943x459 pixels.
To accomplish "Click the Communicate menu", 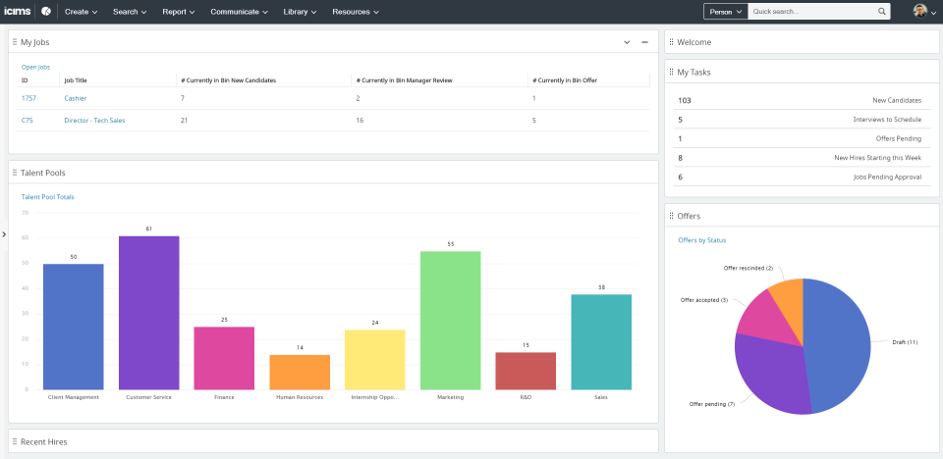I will click(x=240, y=12).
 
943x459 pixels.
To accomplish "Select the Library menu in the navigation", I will click(x=300, y=12).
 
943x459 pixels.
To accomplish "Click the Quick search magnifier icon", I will click(x=882, y=12).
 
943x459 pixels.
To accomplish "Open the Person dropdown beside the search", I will click(x=725, y=12).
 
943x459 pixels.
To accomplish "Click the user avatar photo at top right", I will click(x=919, y=12).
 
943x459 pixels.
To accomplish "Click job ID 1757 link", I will click(x=28, y=98).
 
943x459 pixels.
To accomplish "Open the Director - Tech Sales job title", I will click(x=94, y=120).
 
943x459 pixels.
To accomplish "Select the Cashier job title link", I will click(x=76, y=98).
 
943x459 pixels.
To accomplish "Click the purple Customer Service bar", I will click(x=149, y=313).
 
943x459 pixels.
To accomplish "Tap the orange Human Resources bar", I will click(x=300, y=372).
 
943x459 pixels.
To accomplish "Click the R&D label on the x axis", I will click(x=526, y=397).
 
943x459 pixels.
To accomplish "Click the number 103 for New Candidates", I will click(x=685, y=100).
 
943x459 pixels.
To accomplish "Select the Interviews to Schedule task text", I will click(x=887, y=120).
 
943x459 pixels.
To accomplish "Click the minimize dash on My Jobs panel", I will click(x=644, y=42).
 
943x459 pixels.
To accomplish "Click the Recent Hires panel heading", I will click(x=44, y=441).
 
